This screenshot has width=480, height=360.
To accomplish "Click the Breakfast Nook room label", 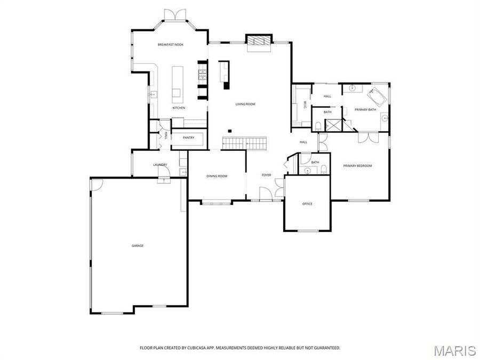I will click(x=170, y=45).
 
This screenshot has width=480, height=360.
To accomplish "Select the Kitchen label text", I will click(x=179, y=108).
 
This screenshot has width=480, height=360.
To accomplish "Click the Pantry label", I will click(x=188, y=138).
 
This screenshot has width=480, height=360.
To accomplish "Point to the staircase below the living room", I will click(x=244, y=143).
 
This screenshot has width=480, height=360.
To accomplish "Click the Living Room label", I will click(x=245, y=104).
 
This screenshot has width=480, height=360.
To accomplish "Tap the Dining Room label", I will click(x=217, y=176).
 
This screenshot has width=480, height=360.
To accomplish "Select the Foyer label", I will click(x=266, y=175).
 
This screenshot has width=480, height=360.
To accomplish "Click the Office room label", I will click(x=307, y=204).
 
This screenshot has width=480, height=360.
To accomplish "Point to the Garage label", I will click(x=138, y=246).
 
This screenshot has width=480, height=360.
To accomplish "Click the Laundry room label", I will click(x=160, y=165).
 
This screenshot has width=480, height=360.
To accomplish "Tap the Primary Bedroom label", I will click(x=357, y=166).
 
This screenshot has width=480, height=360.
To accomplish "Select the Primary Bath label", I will click(x=365, y=109).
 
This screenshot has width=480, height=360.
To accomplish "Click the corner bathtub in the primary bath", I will click(x=377, y=97).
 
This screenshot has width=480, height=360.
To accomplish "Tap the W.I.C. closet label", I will click(x=305, y=105).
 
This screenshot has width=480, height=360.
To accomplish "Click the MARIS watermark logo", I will click(x=454, y=350).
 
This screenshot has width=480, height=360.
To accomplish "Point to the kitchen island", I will click(x=177, y=82).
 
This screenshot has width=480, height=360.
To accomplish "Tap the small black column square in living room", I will click(x=229, y=131).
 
